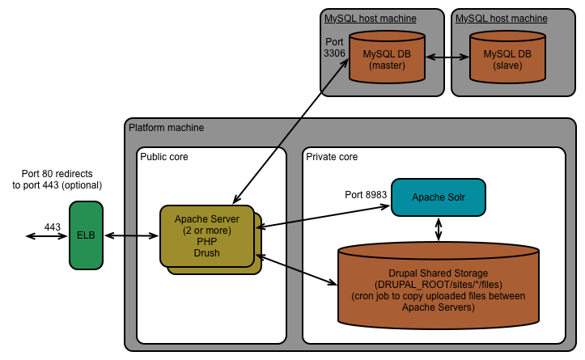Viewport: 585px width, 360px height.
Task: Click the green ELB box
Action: tap(87, 235)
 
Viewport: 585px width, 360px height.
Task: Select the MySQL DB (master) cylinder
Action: tap(387, 59)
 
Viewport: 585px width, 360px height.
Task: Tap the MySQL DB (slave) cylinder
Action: tap(507, 59)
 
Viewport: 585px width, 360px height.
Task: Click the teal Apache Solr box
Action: tap(439, 197)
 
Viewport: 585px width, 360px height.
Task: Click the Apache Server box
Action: tap(207, 235)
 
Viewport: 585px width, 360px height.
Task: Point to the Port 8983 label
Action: tap(366, 195)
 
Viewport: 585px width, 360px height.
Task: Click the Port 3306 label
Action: tap(335, 47)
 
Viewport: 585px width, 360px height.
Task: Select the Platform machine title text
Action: tap(167, 128)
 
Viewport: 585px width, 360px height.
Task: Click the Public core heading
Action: tap(164, 156)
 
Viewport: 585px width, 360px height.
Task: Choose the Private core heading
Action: tap(332, 156)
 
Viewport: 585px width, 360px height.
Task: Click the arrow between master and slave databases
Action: tap(447, 58)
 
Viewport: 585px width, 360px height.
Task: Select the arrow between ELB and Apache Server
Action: tap(133, 235)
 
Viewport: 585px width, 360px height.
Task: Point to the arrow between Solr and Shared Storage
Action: tap(439, 228)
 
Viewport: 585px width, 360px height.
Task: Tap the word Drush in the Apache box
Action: tap(207, 254)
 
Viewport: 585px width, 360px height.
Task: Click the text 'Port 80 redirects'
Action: tap(62, 173)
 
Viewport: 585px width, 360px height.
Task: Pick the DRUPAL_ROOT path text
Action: tap(438, 285)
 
